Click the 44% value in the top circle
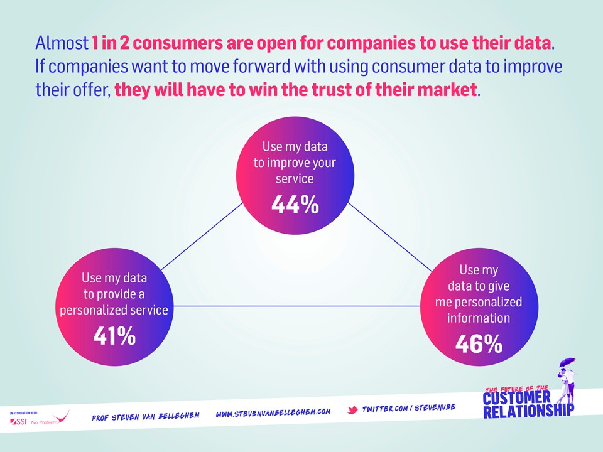(x=295, y=205)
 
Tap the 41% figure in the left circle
(x=114, y=336)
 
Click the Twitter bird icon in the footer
(x=353, y=410)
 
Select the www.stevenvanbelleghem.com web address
(x=273, y=412)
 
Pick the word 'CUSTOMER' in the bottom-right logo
(x=518, y=399)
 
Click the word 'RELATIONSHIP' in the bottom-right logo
(x=528, y=411)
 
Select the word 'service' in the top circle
(x=295, y=179)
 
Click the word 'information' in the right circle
(x=479, y=318)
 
